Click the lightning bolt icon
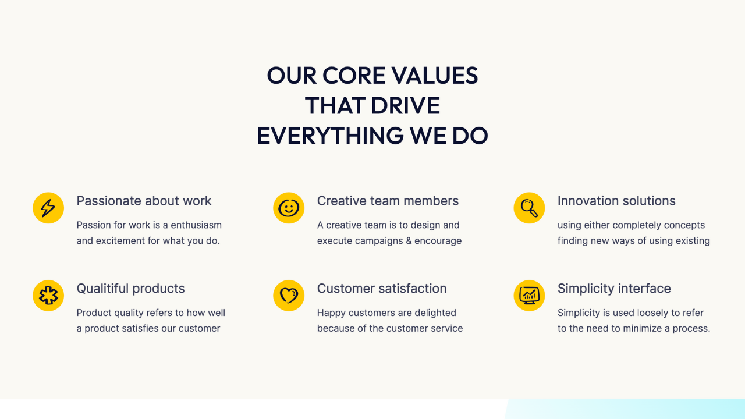pyautogui.click(x=48, y=208)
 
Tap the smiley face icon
pyautogui.click(x=289, y=208)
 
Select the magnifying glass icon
pyautogui.click(x=529, y=208)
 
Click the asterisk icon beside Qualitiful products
pyautogui.click(x=48, y=296)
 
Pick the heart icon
pyautogui.click(x=289, y=296)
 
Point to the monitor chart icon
pyautogui.click(x=529, y=296)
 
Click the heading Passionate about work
pyautogui.click(x=144, y=201)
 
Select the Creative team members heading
pyautogui.click(x=388, y=201)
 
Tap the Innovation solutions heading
pyautogui.click(x=616, y=201)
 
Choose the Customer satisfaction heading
pyautogui.click(x=382, y=288)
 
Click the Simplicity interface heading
pyautogui.click(x=614, y=289)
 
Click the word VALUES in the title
pyautogui.click(x=435, y=76)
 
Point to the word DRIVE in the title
pyautogui.click(x=406, y=106)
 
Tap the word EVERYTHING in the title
pyautogui.click(x=330, y=136)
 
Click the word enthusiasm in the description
pyautogui.click(x=196, y=225)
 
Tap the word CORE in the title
pyautogui.click(x=354, y=76)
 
